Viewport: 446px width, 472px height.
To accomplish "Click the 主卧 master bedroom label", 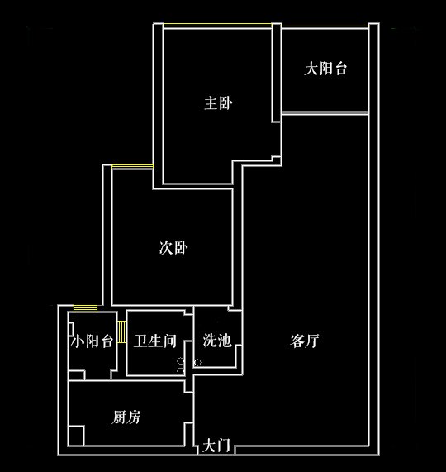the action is [218, 103].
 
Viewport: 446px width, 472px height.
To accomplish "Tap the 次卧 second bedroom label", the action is [173, 248].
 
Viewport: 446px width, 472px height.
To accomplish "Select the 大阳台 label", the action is [325, 69].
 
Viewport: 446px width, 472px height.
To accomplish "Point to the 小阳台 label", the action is [92, 341].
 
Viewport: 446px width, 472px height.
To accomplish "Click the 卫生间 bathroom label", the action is [155, 341].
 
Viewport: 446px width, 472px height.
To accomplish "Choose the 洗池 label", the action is [217, 341].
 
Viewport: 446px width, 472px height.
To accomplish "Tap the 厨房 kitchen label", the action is [126, 417].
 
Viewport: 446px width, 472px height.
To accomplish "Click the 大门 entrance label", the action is [216, 446].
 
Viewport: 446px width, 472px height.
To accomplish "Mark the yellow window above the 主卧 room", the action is [217, 26].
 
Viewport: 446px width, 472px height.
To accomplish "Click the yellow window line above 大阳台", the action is [325, 27].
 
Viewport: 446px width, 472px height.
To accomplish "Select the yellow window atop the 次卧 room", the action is [133, 166].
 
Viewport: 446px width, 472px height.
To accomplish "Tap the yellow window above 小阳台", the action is [85, 308].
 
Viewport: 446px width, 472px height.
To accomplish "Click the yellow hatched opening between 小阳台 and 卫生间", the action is [121, 331].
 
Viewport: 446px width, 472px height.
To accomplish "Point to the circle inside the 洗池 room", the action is [197, 362].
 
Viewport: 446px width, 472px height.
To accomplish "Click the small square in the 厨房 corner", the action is [76, 436].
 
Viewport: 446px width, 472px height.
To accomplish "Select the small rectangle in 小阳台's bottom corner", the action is [77, 375].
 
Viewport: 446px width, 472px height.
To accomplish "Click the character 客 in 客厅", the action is [297, 341].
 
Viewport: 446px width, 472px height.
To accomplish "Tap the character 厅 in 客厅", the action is [312, 341].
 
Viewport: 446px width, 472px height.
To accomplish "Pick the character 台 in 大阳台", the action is [340, 69].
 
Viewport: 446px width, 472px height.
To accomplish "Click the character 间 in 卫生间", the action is [169, 341].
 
